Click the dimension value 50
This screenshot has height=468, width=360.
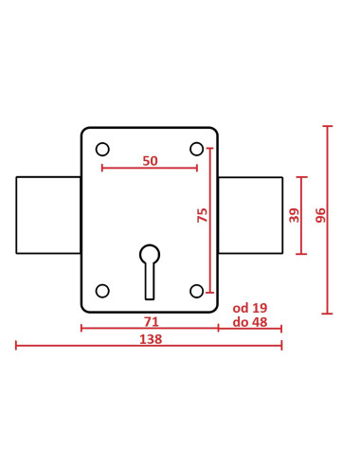click(x=150, y=161)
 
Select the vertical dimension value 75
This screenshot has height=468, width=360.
click(x=203, y=215)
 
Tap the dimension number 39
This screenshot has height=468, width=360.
click(x=294, y=215)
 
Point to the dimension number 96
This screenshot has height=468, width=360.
click(x=320, y=215)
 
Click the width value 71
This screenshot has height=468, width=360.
click(x=151, y=322)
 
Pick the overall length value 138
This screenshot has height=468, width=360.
click(x=151, y=339)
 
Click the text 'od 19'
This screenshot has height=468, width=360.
click(x=250, y=308)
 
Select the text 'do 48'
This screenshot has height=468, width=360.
click(x=250, y=322)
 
